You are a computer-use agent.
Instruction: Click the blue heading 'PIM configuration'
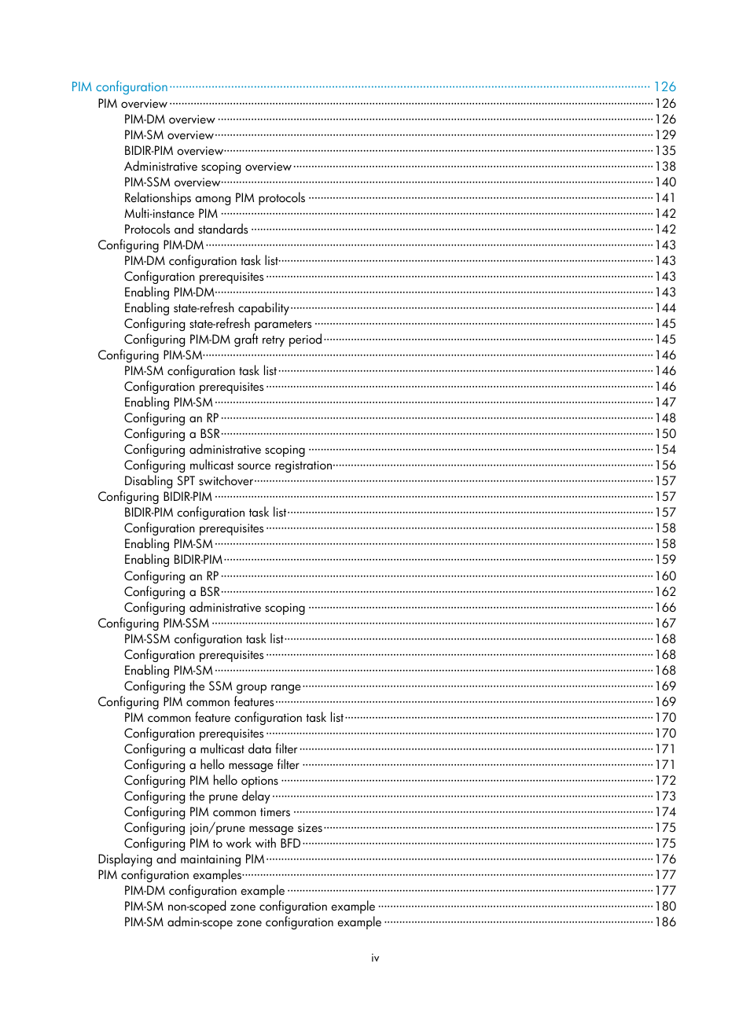click(119, 87)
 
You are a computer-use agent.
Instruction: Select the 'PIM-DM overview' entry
click(169, 120)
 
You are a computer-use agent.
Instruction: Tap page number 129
click(665, 135)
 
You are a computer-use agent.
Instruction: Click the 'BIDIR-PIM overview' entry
click(174, 151)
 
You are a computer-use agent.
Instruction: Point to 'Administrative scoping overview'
click(208, 167)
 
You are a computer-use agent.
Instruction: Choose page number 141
click(665, 198)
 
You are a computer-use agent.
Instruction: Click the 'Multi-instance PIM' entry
click(171, 214)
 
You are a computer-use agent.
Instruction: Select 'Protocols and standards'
click(186, 230)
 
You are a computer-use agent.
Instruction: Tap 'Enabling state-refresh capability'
click(206, 308)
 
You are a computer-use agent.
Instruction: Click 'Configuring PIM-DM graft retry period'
click(222, 340)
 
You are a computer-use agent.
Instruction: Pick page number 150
click(665, 434)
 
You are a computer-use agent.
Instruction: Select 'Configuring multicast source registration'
click(228, 465)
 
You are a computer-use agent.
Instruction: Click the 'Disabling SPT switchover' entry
click(189, 481)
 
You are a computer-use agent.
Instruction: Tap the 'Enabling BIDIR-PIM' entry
click(173, 560)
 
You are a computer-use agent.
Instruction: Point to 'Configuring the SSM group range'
click(212, 686)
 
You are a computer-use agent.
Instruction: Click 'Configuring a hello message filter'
click(211, 765)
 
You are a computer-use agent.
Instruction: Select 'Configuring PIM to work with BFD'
click(212, 844)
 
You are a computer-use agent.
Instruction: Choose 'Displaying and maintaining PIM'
click(181, 859)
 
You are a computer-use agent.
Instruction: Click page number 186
click(665, 922)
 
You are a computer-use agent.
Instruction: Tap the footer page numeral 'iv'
click(375, 958)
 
